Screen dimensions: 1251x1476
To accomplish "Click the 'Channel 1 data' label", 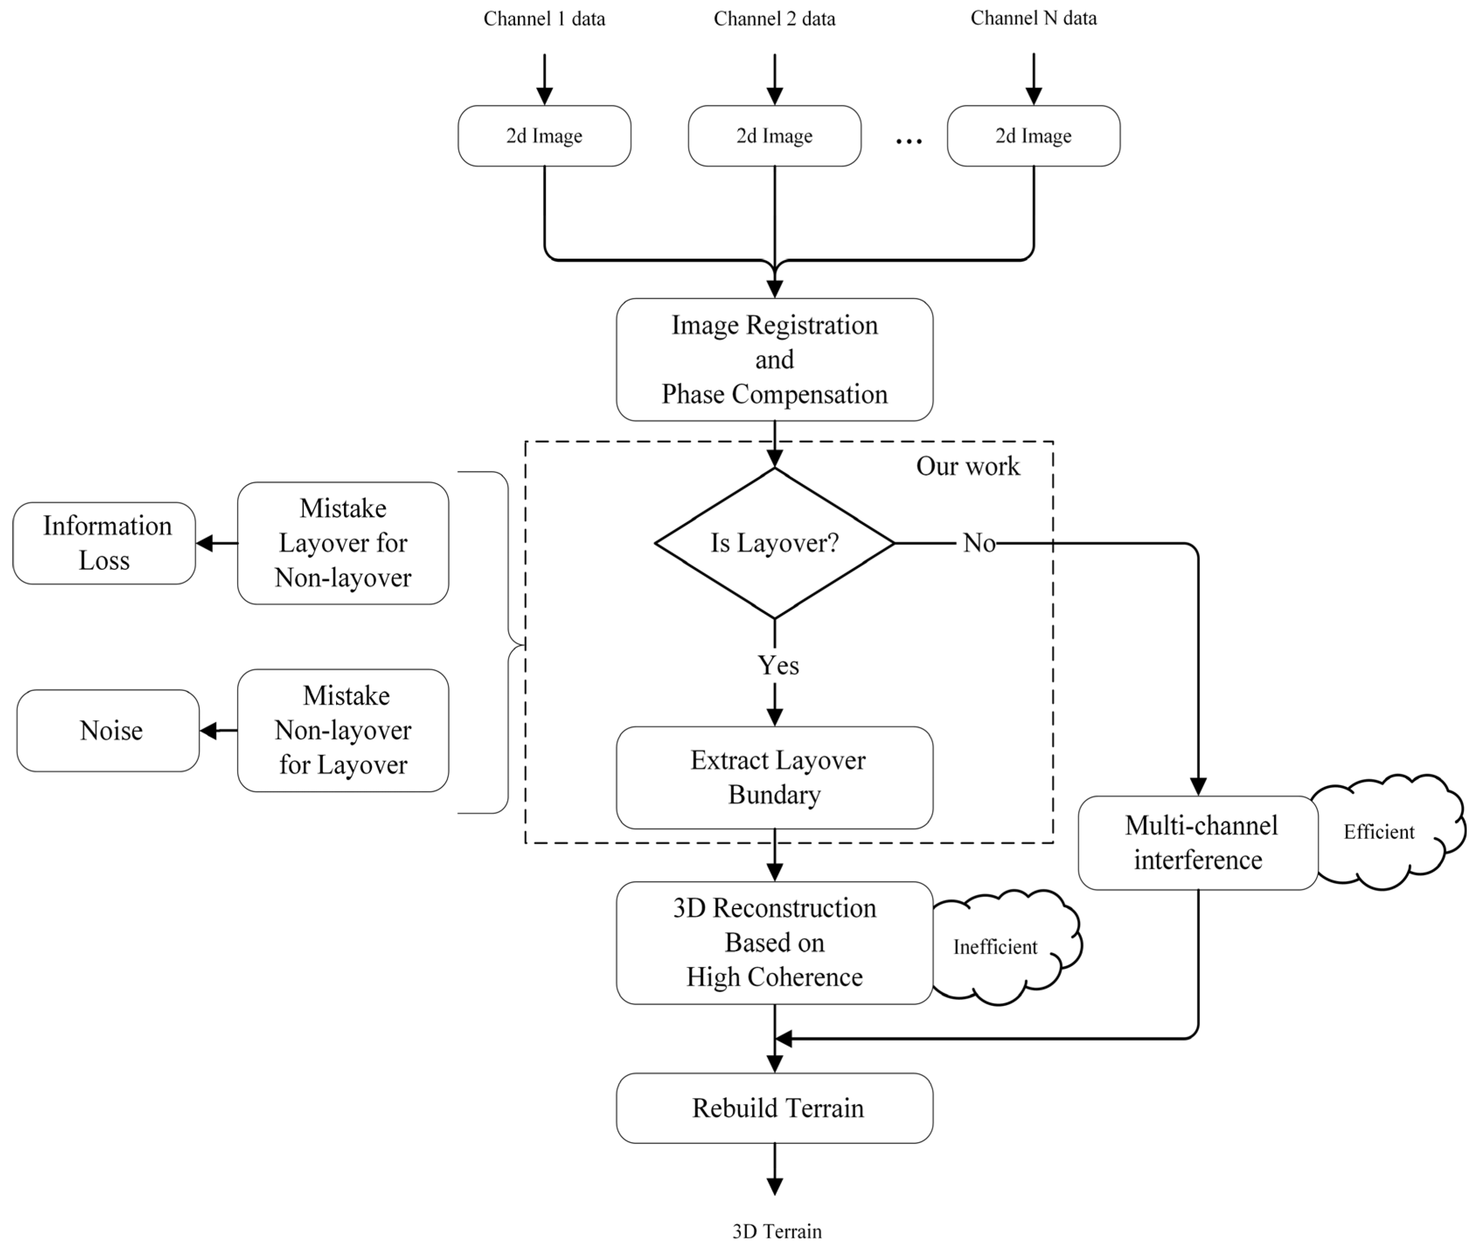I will pyautogui.click(x=544, y=18).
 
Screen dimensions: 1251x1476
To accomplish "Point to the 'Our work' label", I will pyautogui.click(x=967, y=466).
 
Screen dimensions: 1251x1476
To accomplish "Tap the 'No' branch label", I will pyautogui.click(x=979, y=543).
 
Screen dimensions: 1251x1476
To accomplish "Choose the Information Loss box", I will pyautogui.click(x=104, y=543).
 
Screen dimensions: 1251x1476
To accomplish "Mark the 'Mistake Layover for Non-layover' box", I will pyautogui.click(x=343, y=543).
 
